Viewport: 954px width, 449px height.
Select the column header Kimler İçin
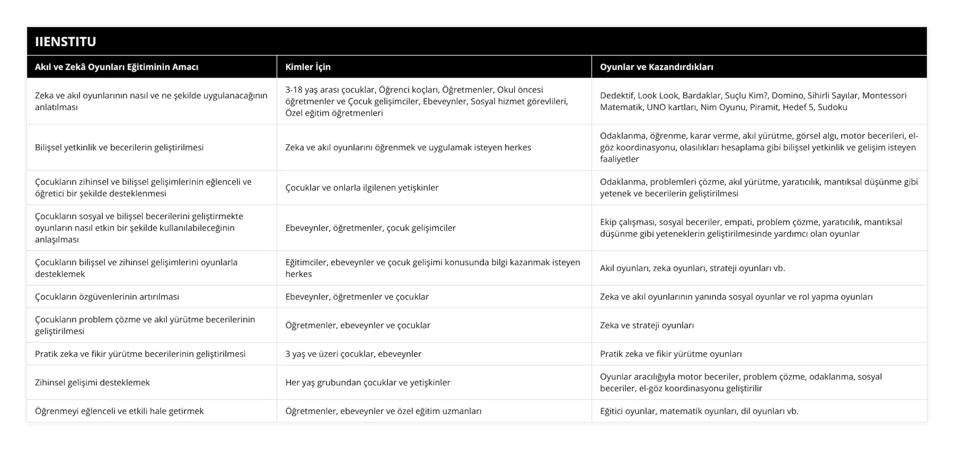pyautogui.click(x=308, y=67)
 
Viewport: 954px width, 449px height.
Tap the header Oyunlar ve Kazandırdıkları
pyautogui.click(x=656, y=67)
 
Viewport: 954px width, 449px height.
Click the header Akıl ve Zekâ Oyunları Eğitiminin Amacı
pyautogui.click(x=116, y=67)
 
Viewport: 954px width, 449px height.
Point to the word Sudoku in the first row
pyautogui.click(x=832, y=107)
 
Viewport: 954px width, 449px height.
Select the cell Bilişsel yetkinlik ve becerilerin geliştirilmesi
pyautogui.click(x=119, y=147)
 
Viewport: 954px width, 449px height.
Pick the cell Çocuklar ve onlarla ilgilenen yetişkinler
pyautogui.click(x=361, y=187)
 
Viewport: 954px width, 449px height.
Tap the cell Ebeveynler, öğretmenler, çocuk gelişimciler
pyautogui.click(x=370, y=228)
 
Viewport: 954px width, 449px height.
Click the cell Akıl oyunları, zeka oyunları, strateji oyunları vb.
pyautogui.click(x=692, y=268)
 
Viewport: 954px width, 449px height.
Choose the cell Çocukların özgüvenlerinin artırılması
pyautogui.click(x=107, y=297)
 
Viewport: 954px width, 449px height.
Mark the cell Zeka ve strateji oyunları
pyautogui.click(x=647, y=325)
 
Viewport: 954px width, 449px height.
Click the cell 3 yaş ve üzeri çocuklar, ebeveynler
pyautogui.click(x=353, y=354)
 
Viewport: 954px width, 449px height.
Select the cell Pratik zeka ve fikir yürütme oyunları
pyautogui.click(x=671, y=354)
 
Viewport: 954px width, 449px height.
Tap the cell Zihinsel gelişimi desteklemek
pyautogui.click(x=92, y=382)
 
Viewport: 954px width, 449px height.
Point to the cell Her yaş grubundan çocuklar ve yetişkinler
pyautogui.click(x=367, y=382)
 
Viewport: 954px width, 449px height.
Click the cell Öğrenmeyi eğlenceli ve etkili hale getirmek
pyautogui.click(x=119, y=411)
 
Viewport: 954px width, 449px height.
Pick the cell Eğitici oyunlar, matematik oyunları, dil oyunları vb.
pyautogui.click(x=699, y=411)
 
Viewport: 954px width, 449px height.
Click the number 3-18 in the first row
pyautogui.click(x=295, y=90)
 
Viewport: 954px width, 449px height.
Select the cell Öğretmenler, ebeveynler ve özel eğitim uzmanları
pyautogui.click(x=383, y=411)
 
